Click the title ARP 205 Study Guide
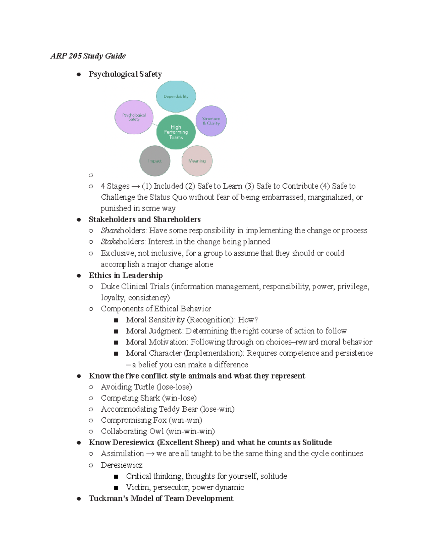[x=88, y=56]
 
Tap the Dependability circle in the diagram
[x=176, y=96]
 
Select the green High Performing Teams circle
[x=176, y=132]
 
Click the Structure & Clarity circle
[x=211, y=121]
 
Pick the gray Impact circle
[x=155, y=161]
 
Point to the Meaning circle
[x=197, y=161]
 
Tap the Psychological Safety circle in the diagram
[x=134, y=117]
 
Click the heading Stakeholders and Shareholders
[x=144, y=219]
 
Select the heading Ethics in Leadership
[x=125, y=275]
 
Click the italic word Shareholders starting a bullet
[x=123, y=231]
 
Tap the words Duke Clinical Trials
[x=135, y=287]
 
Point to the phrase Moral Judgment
[x=154, y=331]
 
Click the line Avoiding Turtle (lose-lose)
[x=146, y=387]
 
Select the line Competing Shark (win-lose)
[x=148, y=398]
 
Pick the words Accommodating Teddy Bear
[x=149, y=409]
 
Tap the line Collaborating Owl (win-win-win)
[x=158, y=431]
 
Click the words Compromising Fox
[x=134, y=420]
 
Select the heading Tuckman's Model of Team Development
[x=161, y=498]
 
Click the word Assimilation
[x=122, y=454]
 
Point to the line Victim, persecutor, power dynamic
[x=185, y=487]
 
